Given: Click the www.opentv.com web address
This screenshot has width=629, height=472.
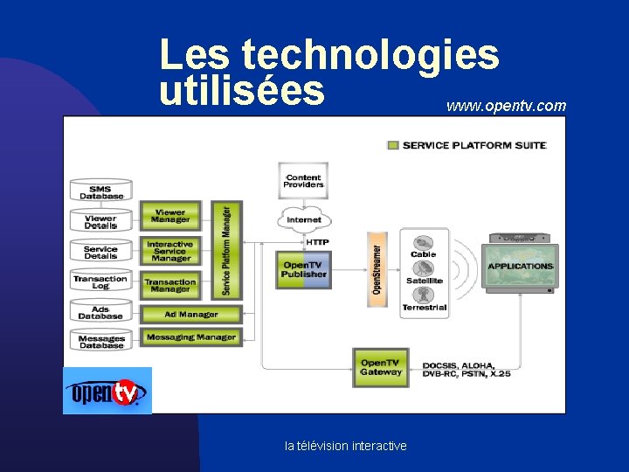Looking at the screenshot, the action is tap(506, 107).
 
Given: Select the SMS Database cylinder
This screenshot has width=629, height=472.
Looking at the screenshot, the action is tap(101, 191).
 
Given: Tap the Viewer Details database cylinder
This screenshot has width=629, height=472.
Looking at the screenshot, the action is tap(101, 221).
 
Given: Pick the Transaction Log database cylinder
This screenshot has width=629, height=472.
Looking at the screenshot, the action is tap(101, 281).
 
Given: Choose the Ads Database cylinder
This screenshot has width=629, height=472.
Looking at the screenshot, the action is tap(101, 311).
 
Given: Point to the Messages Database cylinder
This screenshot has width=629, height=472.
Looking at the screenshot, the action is tap(101, 341).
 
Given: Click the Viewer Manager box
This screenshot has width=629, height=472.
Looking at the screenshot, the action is tap(170, 215).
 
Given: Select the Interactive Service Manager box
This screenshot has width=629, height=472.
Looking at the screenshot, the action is tap(170, 252).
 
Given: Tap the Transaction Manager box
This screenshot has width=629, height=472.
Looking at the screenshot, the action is tap(170, 285).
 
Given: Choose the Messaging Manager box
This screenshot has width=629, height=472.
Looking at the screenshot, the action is tap(191, 337).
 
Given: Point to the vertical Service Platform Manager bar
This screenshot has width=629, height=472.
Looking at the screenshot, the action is tap(226, 250).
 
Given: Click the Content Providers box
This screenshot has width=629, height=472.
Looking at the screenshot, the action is tap(303, 181).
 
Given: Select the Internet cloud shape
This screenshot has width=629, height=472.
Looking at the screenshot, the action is tap(304, 219).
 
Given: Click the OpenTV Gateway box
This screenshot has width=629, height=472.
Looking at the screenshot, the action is tap(380, 367).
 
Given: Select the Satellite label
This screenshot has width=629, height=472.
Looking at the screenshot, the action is tap(425, 281).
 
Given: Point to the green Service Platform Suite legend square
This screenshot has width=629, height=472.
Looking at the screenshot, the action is tap(393, 145).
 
